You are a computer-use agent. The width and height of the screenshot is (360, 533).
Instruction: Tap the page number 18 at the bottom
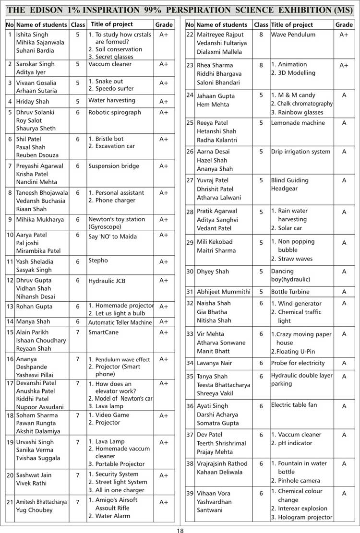tap(180, 530)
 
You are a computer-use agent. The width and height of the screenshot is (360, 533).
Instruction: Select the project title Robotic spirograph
tap(115, 112)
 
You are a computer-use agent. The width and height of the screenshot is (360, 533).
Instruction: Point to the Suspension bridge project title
tap(114, 166)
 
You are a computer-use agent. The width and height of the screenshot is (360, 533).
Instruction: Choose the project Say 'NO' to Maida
tap(112, 237)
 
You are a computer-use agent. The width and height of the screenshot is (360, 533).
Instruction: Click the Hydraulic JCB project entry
tap(108, 281)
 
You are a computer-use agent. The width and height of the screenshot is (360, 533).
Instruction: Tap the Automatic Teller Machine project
tap(120, 322)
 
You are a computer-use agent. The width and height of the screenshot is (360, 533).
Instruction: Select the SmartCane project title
tap(103, 332)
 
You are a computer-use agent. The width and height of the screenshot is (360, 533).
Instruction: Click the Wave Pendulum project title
tap(293, 35)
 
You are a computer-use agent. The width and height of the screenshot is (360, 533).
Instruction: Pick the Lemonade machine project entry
tap(298, 123)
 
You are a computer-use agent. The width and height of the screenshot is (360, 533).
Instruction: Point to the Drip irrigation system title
tap(300, 152)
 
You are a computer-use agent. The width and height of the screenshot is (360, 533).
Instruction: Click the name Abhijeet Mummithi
tap(224, 292)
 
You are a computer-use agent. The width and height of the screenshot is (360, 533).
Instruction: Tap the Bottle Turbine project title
tap(290, 292)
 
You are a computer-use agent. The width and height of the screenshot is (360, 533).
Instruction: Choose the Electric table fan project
tap(294, 405)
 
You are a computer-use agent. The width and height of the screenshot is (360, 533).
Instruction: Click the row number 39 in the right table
tap(190, 493)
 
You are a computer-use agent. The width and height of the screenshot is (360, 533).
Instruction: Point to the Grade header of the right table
tap(344, 24)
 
